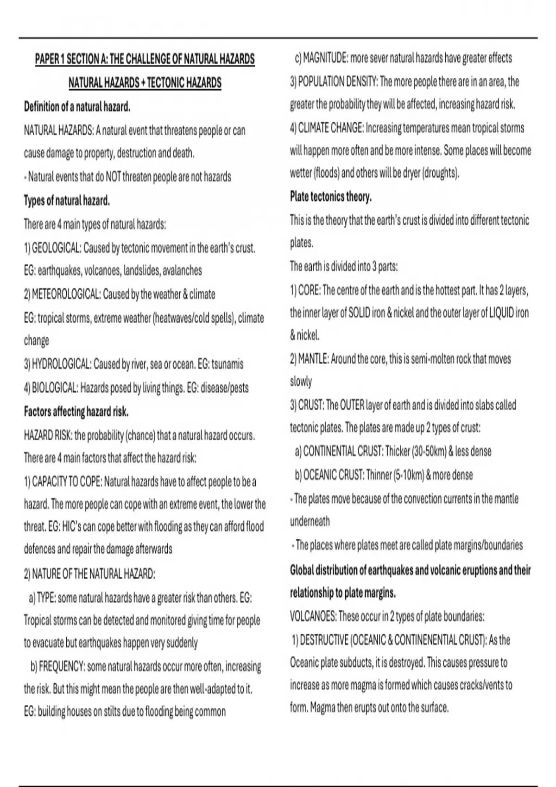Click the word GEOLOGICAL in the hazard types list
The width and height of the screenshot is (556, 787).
pos(56,248)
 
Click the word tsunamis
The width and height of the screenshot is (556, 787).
pos(227,364)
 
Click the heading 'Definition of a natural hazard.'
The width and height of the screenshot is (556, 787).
pos(77,107)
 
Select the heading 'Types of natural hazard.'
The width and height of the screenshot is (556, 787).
pos(67,201)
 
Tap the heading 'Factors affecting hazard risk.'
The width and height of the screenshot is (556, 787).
pos(76,412)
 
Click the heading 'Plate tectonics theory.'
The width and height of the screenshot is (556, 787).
pos(331,197)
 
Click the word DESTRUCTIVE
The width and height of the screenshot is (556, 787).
pos(324,640)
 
